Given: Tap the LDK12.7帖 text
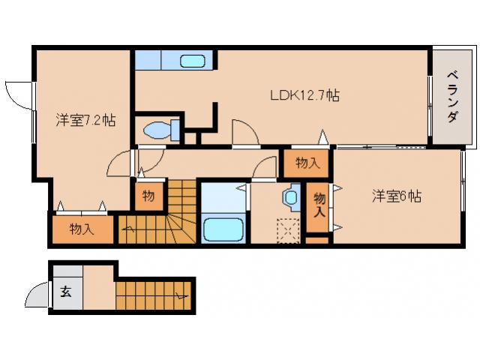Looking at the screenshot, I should point(305,95).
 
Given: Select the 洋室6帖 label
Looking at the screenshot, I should point(397,196).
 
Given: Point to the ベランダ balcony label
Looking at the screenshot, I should point(452,97).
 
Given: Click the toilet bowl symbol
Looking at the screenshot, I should point(158,130).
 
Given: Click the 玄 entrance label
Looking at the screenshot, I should point(65,292).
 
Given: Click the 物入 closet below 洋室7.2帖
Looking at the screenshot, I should point(82,229).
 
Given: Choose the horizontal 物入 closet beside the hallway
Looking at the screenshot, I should point(307,162).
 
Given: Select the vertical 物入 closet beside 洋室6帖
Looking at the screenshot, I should point(319,205).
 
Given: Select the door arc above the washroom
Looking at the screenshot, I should point(265,169).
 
